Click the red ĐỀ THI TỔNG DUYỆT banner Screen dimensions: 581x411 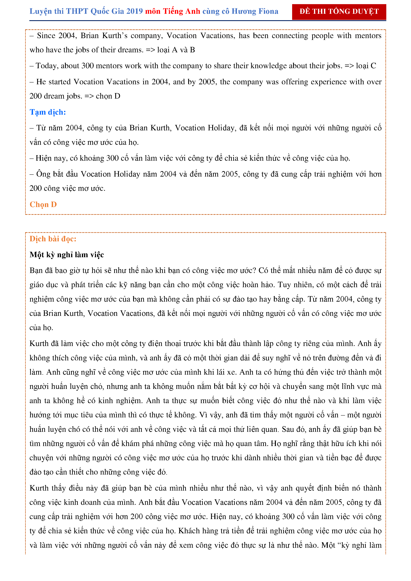[x=339, y=12]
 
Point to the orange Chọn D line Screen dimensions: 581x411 [x=43, y=205]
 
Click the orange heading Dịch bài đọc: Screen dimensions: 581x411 [x=53, y=239]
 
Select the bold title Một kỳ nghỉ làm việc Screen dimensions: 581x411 [x=67, y=255]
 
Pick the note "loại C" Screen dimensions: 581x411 [x=366, y=66]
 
